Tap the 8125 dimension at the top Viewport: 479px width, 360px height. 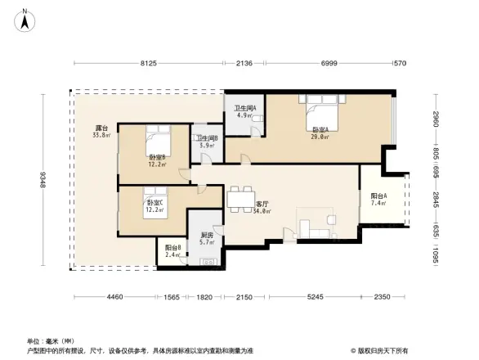coord(148,63)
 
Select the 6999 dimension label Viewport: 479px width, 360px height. coord(329,63)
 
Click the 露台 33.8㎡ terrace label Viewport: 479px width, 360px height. coord(101,132)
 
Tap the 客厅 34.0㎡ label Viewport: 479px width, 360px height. coord(262,208)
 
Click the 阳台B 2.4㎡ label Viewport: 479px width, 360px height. coord(172,250)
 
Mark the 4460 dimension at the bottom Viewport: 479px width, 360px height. coord(114,297)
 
